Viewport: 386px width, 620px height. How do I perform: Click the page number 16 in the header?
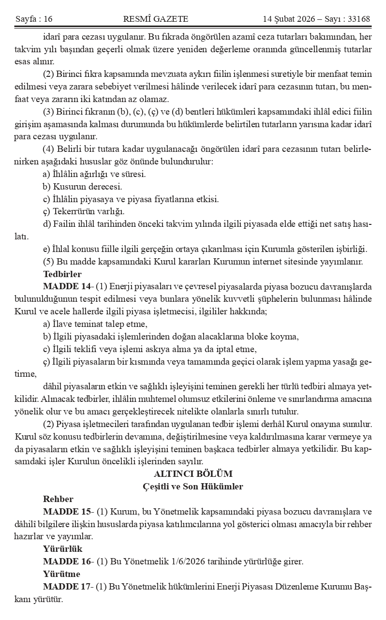coord(47,19)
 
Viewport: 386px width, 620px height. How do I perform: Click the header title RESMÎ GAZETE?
coord(156,19)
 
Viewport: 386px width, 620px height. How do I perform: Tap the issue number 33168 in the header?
coord(356,19)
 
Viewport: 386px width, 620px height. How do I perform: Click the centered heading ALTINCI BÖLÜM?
coord(193,474)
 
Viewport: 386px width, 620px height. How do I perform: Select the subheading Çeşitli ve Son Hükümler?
coord(193,487)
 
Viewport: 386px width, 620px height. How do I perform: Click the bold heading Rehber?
coord(58,499)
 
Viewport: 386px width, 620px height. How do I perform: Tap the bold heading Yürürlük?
coord(63,549)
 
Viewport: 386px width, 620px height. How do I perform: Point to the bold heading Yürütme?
coord(61,575)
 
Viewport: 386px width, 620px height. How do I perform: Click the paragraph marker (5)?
coord(49,262)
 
